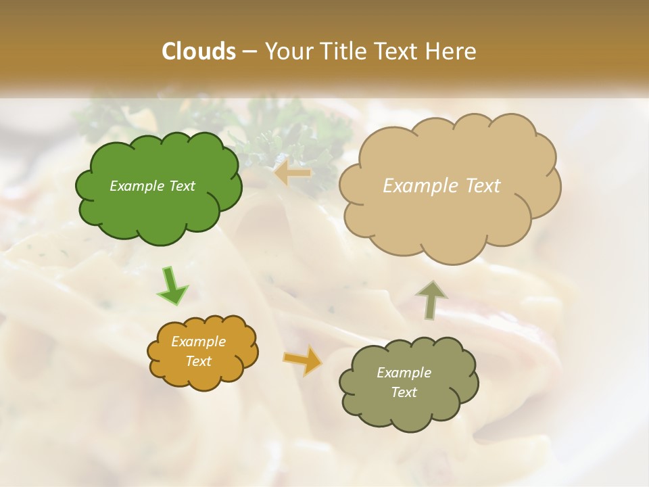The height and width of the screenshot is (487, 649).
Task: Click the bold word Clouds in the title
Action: click(x=198, y=51)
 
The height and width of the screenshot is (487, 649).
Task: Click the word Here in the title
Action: click(x=452, y=51)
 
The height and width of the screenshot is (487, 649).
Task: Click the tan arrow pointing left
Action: click(x=293, y=174)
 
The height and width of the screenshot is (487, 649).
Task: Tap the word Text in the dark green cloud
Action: click(x=181, y=186)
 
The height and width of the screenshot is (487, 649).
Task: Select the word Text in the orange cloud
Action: click(x=198, y=361)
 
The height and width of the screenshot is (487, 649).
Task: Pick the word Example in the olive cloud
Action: click(x=404, y=373)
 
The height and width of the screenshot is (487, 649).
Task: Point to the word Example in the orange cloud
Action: click(x=198, y=342)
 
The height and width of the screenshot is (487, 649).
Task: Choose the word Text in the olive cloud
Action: click(x=404, y=392)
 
